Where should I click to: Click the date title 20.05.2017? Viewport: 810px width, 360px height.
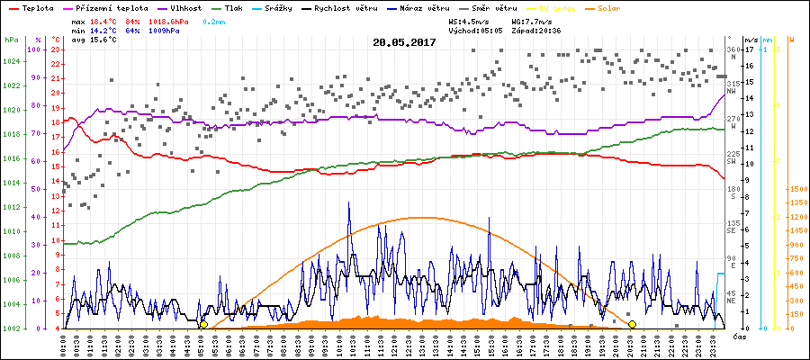pyautogui.click(x=404, y=42)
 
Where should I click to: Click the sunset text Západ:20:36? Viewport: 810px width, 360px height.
pyautogui.click(x=536, y=30)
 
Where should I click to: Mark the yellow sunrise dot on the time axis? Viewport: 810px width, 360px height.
pyautogui.click(x=203, y=324)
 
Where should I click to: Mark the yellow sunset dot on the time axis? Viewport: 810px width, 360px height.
pyautogui.click(x=632, y=324)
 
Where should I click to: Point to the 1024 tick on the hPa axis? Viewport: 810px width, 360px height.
pyautogui.click(x=11, y=62)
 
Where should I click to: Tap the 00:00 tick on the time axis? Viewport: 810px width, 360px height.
pyautogui.click(x=65, y=344)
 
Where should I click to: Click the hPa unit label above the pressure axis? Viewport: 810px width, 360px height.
pyautogui.click(x=11, y=40)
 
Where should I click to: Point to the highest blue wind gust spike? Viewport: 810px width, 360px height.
pyautogui.click(x=349, y=203)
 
